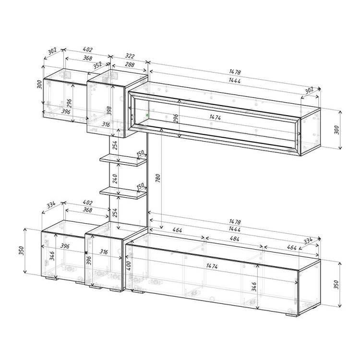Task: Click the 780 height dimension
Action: (x=158, y=179)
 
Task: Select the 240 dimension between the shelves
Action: (x=115, y=179)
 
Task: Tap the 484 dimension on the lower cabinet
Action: (x=234, y=239)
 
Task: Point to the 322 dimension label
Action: (x=130, y=56)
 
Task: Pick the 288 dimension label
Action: (x=130, y=64)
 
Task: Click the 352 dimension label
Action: (x=97, y=65)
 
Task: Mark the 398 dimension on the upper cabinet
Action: (x=109, y=111)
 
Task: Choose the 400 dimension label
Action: (x=129, y=265)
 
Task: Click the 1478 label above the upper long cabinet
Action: (x=235, y=72)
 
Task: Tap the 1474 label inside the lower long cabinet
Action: (x=212, y=266)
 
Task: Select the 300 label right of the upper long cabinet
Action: (x=336, y=130)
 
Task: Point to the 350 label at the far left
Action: (x=21, y=251)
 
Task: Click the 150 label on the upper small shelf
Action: (x=140, y=153)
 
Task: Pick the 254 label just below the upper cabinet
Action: (x=115, y=145)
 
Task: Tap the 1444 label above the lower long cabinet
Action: (x=235, y=229)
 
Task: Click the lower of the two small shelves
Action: (x=123, y=193)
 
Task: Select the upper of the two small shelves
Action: (x=123, y=160)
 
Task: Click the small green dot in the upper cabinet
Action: (x=147, y=115)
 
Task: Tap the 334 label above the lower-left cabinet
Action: (x=51, y=204)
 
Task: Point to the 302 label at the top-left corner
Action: (x=52, y=51)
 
